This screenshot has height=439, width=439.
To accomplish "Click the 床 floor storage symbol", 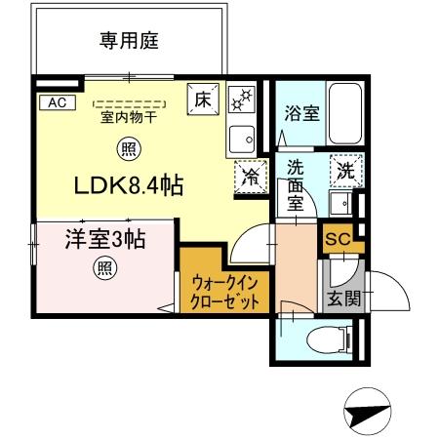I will click(202, 100).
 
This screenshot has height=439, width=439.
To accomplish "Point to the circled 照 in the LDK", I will click(127, 148).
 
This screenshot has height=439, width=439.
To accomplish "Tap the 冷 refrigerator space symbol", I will click(250, 179).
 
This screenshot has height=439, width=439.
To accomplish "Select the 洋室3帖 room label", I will click(104, 239).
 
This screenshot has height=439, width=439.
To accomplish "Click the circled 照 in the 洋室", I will click(102, 269).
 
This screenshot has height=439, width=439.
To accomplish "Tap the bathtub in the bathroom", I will click(342, 114).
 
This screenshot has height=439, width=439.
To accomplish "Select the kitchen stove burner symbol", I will click(240, 100).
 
